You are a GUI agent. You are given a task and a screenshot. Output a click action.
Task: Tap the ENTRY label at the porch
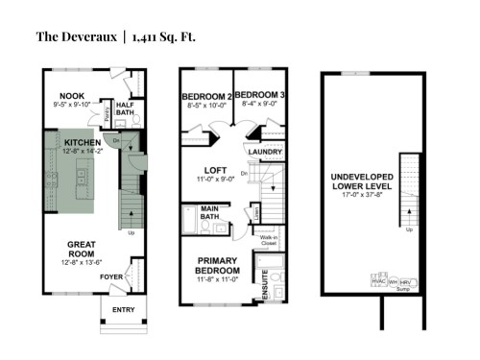[123, 309]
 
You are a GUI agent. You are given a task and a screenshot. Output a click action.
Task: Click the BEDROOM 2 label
[205, 97]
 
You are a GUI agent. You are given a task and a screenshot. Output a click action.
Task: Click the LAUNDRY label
[263, 152]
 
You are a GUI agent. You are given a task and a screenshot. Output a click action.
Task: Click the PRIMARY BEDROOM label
[217, 266]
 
